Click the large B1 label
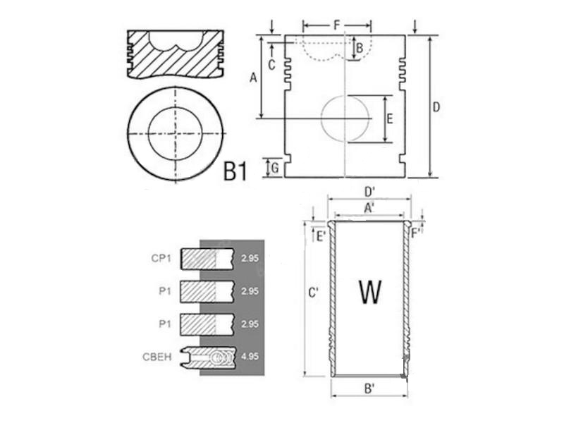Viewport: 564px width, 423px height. (235, 171)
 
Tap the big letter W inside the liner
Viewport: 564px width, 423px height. (370, 291)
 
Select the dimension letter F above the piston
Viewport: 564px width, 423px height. (337, 25)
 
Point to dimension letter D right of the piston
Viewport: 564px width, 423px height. (436, 107)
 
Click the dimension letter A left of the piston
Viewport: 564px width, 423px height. (254, 78)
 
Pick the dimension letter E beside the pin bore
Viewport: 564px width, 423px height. (390, 118)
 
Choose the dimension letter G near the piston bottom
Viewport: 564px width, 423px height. (275, 168)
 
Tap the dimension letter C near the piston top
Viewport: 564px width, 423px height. (272, 65)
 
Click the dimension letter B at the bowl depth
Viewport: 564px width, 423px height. (360, 47)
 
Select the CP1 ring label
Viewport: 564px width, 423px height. (161, 258)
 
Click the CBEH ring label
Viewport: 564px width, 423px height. (157, 357)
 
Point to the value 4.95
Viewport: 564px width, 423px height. (250, 357)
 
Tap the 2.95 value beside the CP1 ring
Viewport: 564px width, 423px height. (250, 258)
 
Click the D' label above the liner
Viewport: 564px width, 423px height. (370, 192)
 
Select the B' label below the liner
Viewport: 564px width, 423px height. (369, 388)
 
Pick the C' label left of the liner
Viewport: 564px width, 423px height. (314, 293)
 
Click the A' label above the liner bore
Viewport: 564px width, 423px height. (369, 208)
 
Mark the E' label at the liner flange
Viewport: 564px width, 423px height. (321, 236)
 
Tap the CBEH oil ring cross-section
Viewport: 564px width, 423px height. (208, 357)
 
